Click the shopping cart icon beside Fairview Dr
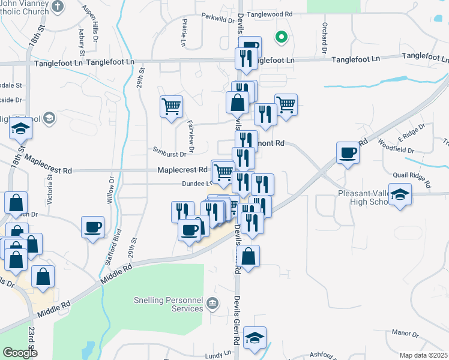172,107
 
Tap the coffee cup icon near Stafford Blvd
92,227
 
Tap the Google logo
20,353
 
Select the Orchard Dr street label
325,35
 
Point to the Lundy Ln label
218,355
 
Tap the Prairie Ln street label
184,33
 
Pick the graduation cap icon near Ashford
255,337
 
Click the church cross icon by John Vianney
57,7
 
